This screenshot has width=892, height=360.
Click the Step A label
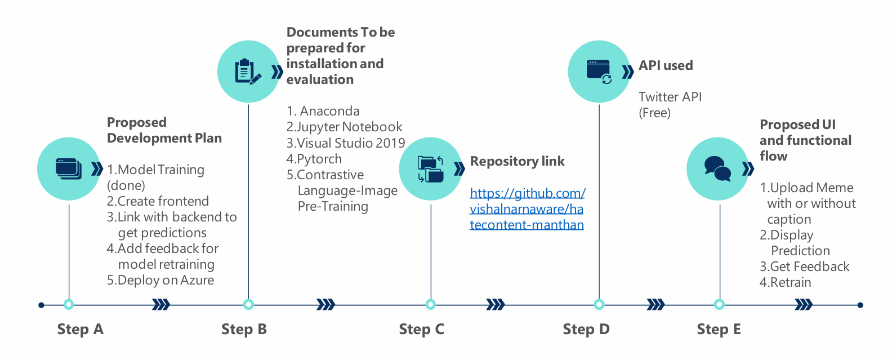coord(80,330)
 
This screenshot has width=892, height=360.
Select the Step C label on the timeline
coord(421,330)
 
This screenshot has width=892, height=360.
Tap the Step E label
coord(719,330)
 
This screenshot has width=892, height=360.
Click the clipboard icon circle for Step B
coord(248,72)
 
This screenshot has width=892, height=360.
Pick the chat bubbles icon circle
coord(717,168)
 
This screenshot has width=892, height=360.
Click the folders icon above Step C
coord(430,169)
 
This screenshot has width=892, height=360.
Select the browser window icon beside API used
coord(599,72)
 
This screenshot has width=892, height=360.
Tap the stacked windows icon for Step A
coord(69,168)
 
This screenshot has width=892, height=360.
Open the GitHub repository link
coord(527,209)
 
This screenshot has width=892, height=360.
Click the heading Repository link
coord(517,162)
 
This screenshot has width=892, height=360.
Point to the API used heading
coord(666,65)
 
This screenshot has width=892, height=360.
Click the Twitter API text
coord(670,97)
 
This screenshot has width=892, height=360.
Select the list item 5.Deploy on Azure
coord(160,281)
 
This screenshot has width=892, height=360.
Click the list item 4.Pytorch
coord(314,159)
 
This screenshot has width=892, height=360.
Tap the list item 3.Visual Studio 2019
coord(345,143)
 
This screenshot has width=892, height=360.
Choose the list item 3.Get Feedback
coord(804,267)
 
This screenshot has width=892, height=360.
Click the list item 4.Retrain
coord(785,283)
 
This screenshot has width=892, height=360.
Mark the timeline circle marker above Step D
coord(599,305)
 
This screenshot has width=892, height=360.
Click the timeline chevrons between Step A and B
coord(161,305)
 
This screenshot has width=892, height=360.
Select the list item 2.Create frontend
coord(158,202)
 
